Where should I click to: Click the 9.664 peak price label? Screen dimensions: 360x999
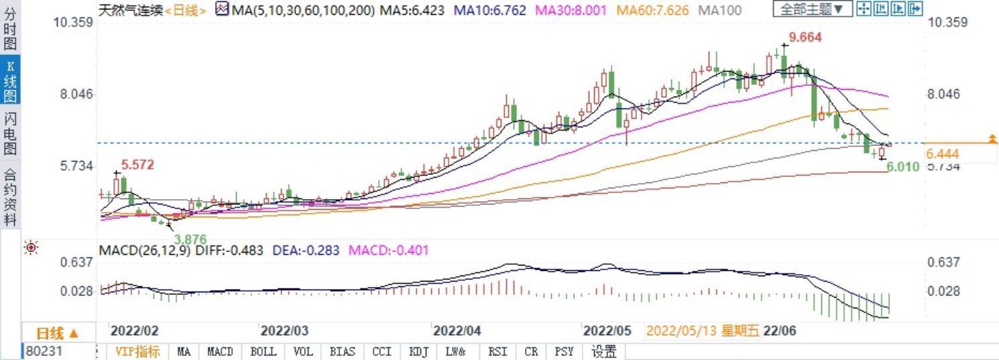pyautogui.click(x=805, y=38)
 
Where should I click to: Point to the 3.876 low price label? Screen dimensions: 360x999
pyautogui.click(x=190, y=239)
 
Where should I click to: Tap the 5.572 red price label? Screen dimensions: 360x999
pyautogui.click(x=138, y=164)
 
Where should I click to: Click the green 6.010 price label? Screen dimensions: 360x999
pyautogui.click(x=902, y=167)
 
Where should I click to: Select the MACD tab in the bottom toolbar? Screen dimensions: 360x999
pyautogui.click(x=220, y=351)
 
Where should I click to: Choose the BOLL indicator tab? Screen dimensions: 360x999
pyautogui.click(x=263, y=351)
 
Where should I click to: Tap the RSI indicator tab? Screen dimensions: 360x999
pyautogui.click(x=497, y=351)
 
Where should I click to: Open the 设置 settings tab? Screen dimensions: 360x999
pyautogui.click(x=604, y=351)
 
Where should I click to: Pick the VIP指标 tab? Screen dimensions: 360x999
pyautogui.click(x=137, y=351)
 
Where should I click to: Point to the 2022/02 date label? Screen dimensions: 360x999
pyautogui.click(x=134, y=331)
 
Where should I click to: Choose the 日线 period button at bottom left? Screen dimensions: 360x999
pyautogui.click(x=57, y=333)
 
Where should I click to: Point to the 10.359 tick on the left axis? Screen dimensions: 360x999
pyautogui.click(x=74, y=22)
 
